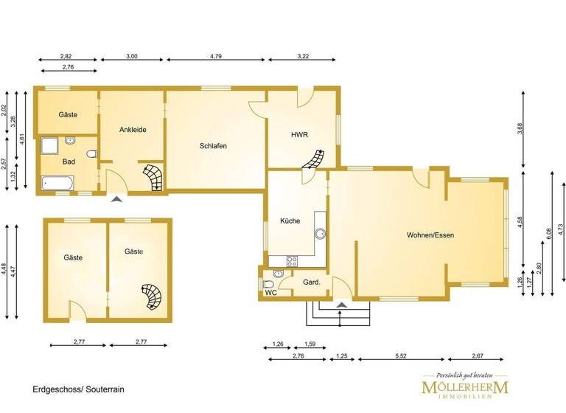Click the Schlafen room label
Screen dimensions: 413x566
pyautogui.click(x=213, y=146)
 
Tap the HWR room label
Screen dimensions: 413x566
pyautogui.click(x=299, y=135)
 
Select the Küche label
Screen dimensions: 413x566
pyautogui.click(x=290, y=220)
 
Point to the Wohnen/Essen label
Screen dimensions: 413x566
pyautogui.click(x=430, y=235)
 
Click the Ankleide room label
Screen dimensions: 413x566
pyautogui.click(x=133, y=130)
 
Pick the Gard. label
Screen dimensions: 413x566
pyautogui.click(x=311, y=282)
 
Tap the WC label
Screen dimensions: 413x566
pyautogui.click(x=270, y=292)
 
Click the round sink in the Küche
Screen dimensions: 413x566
pyautogui.click(x=321, y=235)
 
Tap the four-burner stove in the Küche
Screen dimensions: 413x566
pyautogui.click(x=291, y=260)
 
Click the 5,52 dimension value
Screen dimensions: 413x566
pyautogui.click(x=402, y=356)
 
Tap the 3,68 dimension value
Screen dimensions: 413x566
pyautogui.click(x=520, y=128)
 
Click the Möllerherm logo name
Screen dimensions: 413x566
pyautogui.click(x=465, y=387)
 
